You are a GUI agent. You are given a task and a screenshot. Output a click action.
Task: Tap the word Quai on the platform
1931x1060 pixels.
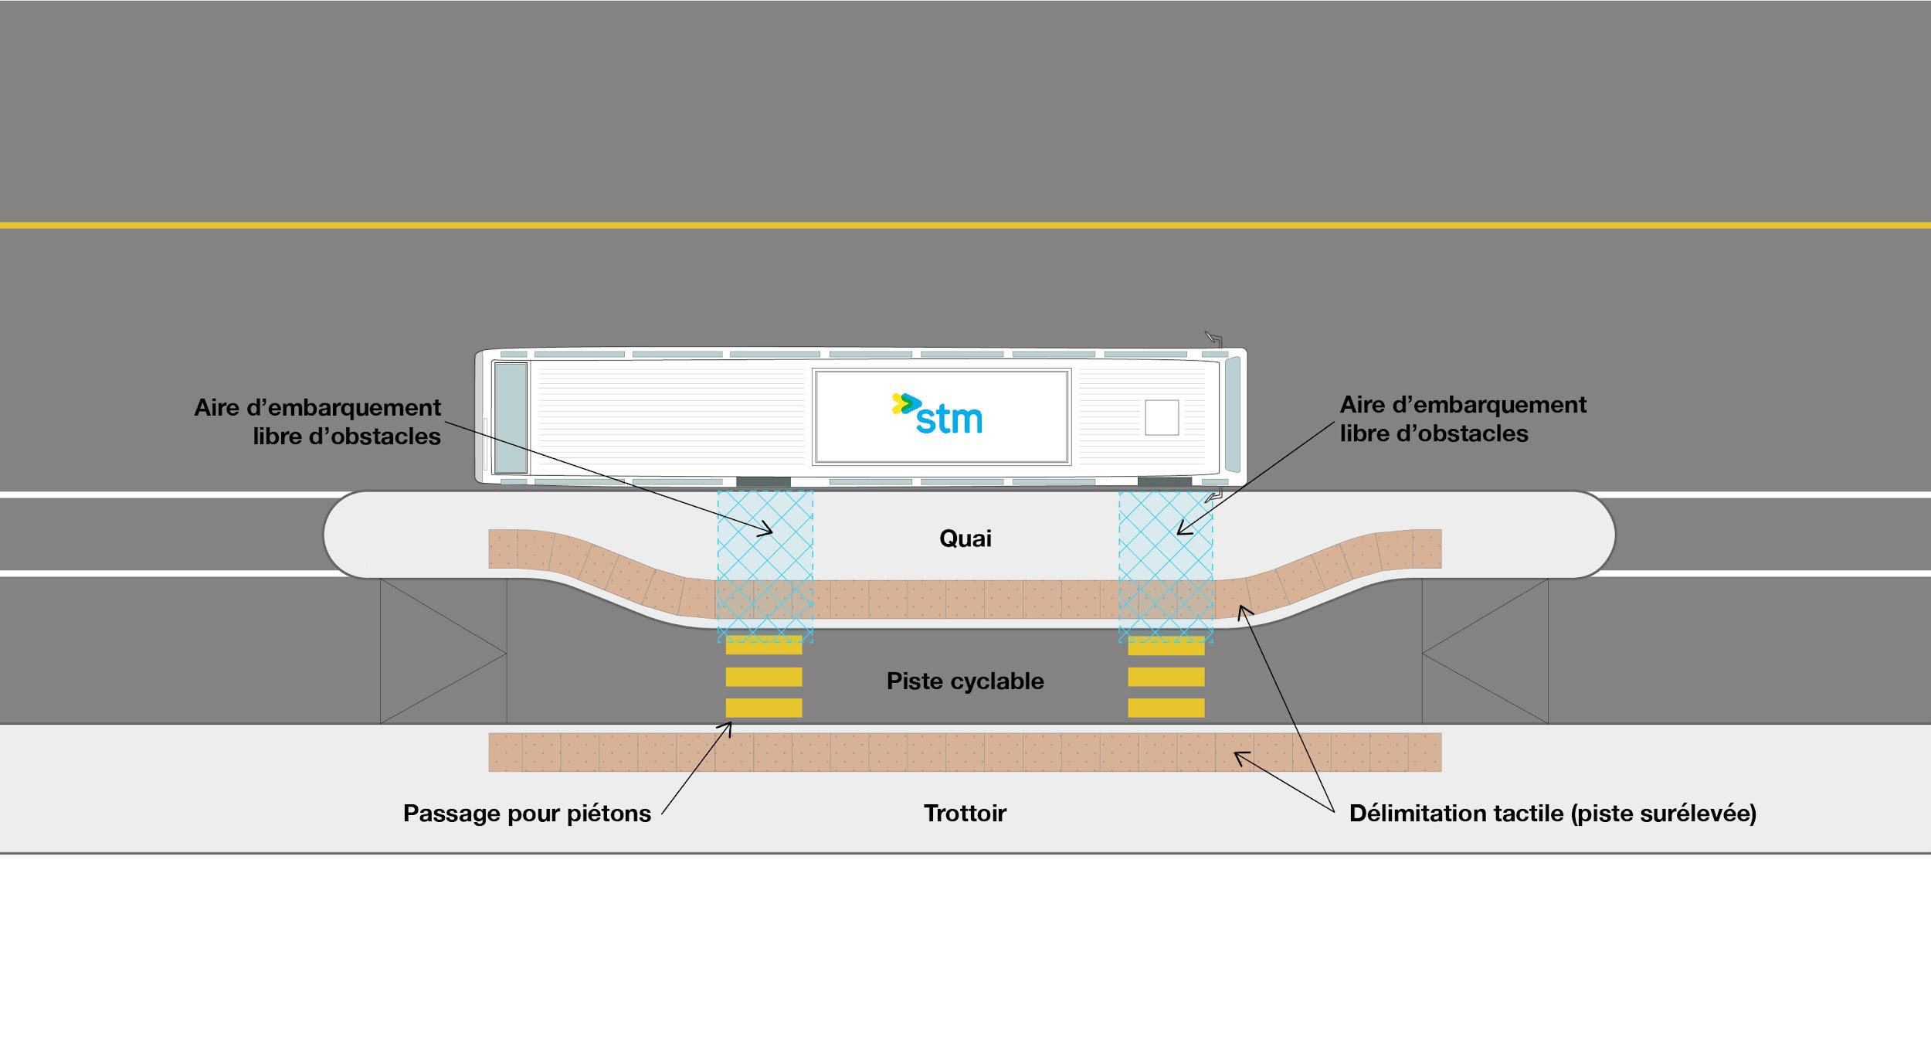[965, 538]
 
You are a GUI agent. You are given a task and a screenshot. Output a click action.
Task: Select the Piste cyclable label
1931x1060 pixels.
[965, 681]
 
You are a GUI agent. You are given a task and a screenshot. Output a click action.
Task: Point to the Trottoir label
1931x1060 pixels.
[965, 813]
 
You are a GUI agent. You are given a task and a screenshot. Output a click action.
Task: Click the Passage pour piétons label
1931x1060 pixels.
[527, 813]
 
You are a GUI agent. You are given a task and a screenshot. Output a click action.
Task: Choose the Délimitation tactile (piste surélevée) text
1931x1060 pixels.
[1553, 813]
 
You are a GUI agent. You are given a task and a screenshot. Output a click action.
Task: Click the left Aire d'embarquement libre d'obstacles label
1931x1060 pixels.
[317, 422]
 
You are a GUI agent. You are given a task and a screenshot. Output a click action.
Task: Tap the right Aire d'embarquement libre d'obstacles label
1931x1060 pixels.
[1462, 419]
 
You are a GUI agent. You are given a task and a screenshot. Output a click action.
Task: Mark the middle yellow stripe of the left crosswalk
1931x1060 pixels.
[764, 677]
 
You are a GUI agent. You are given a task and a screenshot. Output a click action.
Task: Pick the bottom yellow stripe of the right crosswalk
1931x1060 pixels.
[1166, 708]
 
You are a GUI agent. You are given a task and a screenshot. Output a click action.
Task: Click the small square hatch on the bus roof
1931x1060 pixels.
[1161, 417]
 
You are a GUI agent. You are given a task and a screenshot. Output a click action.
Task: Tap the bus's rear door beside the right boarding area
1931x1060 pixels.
[1164, 482]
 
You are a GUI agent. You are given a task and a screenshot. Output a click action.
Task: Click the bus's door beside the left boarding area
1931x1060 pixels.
[763, 482]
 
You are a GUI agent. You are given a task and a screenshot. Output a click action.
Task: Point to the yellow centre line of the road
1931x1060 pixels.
[965, 225]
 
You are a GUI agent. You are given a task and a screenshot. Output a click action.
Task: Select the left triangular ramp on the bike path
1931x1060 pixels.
[443, 652]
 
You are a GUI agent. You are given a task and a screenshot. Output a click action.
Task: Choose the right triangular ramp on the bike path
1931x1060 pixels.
[1485, 652]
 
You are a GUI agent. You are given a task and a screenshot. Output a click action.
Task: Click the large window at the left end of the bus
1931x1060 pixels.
[510, 417]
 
